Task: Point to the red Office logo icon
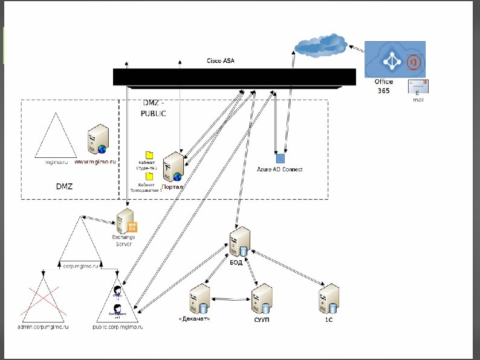point(413,62)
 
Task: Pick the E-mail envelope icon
point(418,87)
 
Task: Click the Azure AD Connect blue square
point(280,159)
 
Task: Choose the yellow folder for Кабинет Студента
point(149,155)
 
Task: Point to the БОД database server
point(241,241)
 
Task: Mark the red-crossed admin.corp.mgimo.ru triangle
point(44,303)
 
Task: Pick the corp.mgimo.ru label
point(80,266)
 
